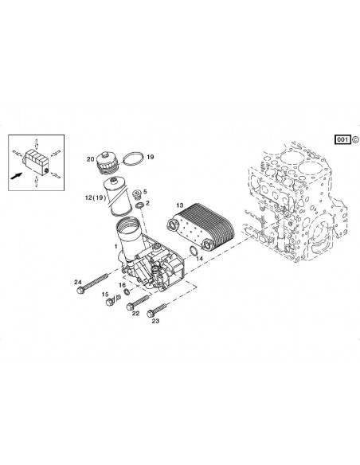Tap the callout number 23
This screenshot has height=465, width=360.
coord(155,322)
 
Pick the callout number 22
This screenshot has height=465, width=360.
coord(136,313)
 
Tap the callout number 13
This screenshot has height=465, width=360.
coord(180,204)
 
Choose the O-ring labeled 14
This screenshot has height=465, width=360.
coord(194,253)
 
